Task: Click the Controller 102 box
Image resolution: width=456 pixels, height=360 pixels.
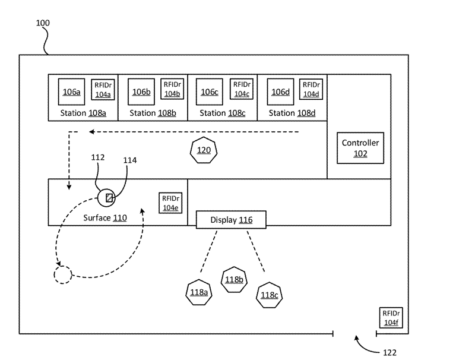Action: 360,148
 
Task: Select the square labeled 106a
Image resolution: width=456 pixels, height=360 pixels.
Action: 71,91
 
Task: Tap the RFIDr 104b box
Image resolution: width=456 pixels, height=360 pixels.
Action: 172,89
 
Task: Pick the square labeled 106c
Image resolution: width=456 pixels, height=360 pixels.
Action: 210,91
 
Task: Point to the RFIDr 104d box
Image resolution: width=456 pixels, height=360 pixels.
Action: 311,89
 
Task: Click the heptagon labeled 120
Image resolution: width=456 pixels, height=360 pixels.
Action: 203,150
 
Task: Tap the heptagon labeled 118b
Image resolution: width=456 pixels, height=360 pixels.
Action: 233,280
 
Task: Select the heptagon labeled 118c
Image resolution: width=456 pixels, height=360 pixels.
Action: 270,295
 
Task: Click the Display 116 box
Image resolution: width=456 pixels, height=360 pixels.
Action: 231,220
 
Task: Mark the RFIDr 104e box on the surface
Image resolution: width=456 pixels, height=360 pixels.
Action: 171,203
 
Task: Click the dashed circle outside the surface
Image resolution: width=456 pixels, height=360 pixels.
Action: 62,275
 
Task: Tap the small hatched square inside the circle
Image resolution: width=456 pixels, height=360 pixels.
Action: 109,197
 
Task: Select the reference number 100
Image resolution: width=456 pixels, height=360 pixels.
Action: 43,23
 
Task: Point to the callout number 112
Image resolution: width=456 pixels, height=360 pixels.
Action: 99,157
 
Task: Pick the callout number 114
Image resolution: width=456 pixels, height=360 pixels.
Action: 130,160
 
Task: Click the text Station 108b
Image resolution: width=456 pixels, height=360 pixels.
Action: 152,113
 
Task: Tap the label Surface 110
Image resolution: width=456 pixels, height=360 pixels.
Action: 104,218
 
